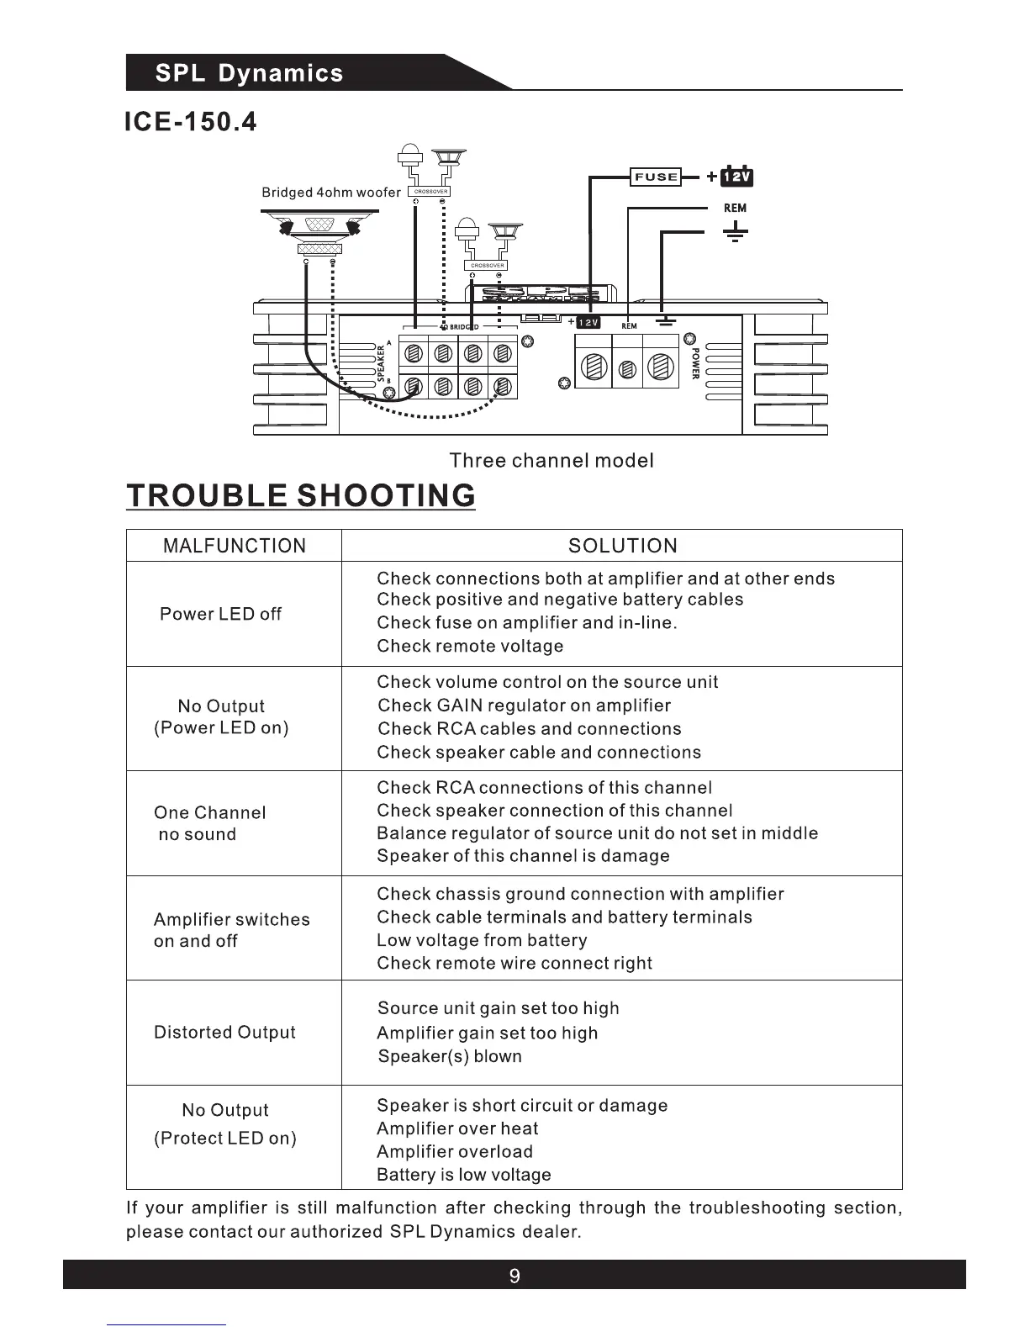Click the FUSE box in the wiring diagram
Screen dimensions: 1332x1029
(x=656, y=177)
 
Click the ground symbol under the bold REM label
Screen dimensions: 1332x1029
(x=735, y=232)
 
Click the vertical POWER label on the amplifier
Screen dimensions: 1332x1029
(x=695, y=364)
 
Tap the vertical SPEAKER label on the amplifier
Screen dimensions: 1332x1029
(x=381, y=364)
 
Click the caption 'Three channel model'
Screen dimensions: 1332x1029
(x=551, y=460)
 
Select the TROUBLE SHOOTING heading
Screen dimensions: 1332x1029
(x=301, y=495)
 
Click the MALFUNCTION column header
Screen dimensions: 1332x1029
(x=235, y=546)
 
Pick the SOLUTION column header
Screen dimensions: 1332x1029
(x=622, y=546)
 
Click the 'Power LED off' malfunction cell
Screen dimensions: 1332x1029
(x=220, y=614)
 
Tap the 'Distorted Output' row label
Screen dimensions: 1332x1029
(x=224, y=1032)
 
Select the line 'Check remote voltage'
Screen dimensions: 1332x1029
(x=470, y=646)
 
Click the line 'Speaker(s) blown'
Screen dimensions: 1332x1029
(x=450, y=1056)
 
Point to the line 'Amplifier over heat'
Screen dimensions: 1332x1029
(x=457, y=1128)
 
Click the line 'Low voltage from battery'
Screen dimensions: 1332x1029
(x=482, y=940)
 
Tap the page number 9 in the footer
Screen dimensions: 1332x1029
(x=514, y=1276)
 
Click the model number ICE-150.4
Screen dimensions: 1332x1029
(x=190, y=123)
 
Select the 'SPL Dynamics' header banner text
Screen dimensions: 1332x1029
(x=249, y=73)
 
